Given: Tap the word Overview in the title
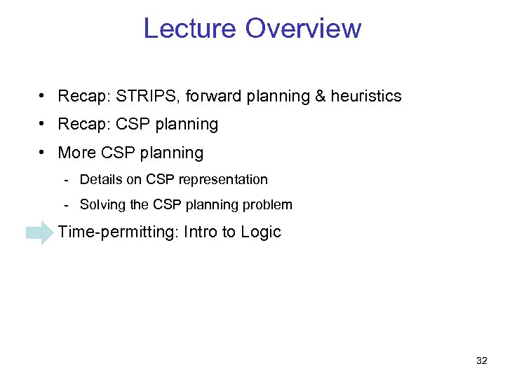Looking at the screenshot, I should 303,29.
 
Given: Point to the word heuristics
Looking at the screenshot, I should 366,96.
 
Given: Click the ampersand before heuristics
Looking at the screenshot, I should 321,96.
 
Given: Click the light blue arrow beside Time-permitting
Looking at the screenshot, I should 39,232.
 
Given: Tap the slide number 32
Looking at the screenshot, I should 481,360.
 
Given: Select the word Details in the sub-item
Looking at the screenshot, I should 101,180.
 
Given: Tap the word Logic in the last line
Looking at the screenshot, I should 260,232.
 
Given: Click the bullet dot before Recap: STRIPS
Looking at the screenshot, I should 43,96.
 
